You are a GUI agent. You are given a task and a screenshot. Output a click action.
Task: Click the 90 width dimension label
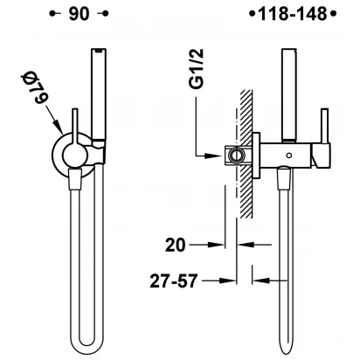click(x=79, y=14)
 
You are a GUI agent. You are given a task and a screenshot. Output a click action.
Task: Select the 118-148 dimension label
click(x=293, y=14)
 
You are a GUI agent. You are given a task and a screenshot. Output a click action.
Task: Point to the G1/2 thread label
click(x=197, y=69)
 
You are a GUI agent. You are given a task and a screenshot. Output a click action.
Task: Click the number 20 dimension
click(x=175, y=245)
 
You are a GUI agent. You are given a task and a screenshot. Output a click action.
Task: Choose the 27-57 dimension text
click(x=174, y=281)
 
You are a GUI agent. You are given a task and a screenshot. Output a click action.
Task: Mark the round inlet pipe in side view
click(x=234, y=154)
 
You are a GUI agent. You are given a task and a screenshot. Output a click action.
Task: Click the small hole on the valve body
click(x=289, y=156)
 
